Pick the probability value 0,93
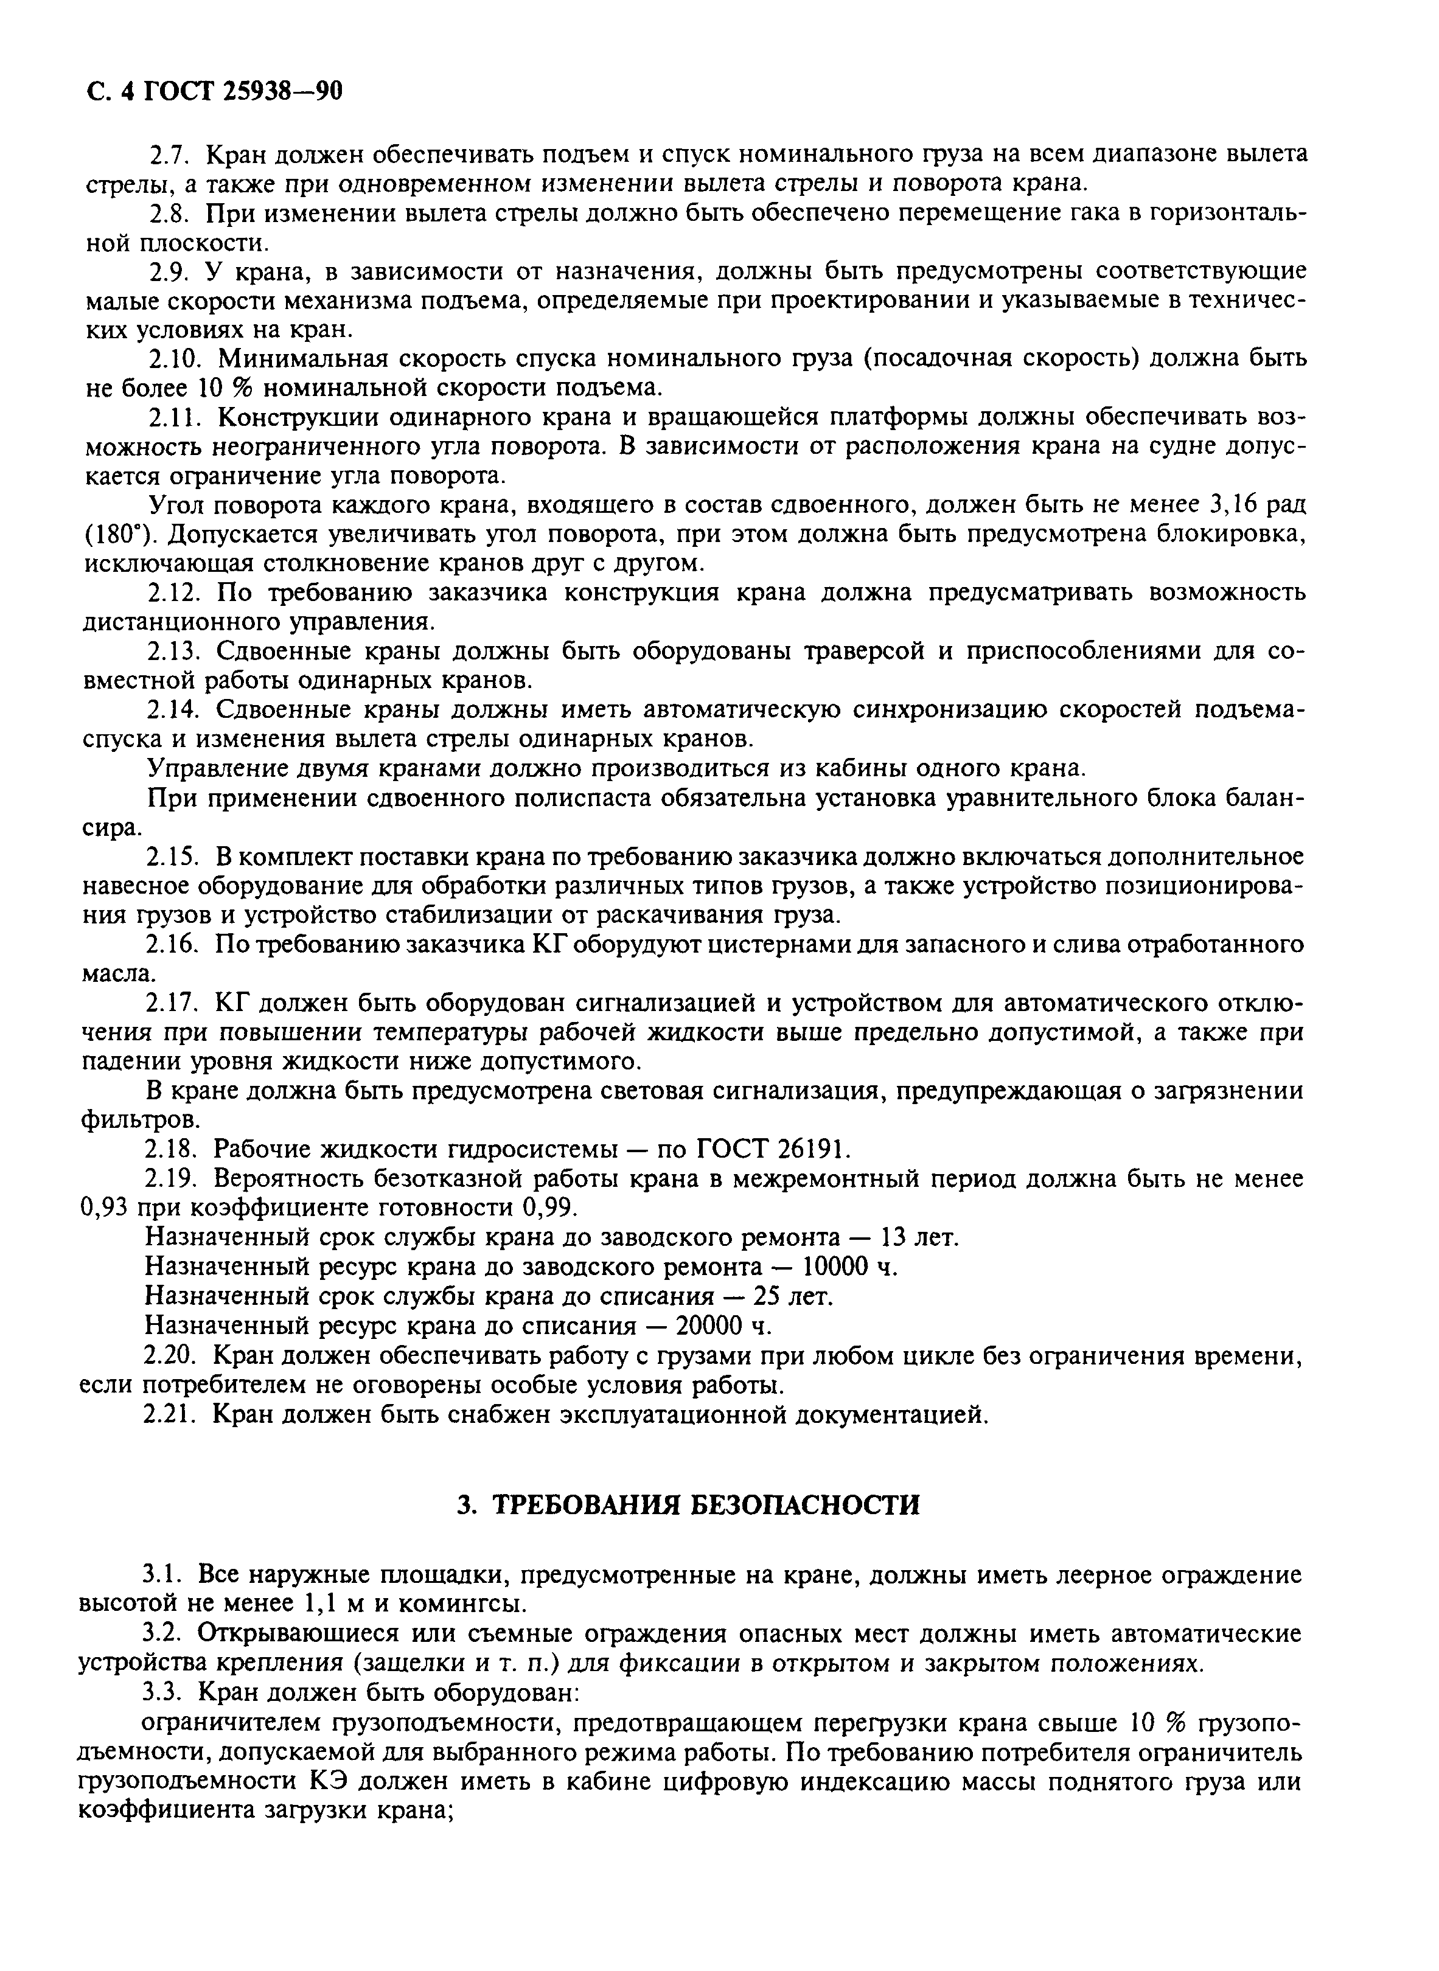pyautogui.click(x=108, y=1208)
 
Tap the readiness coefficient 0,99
pyautogui.click(x=549, y=1208)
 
